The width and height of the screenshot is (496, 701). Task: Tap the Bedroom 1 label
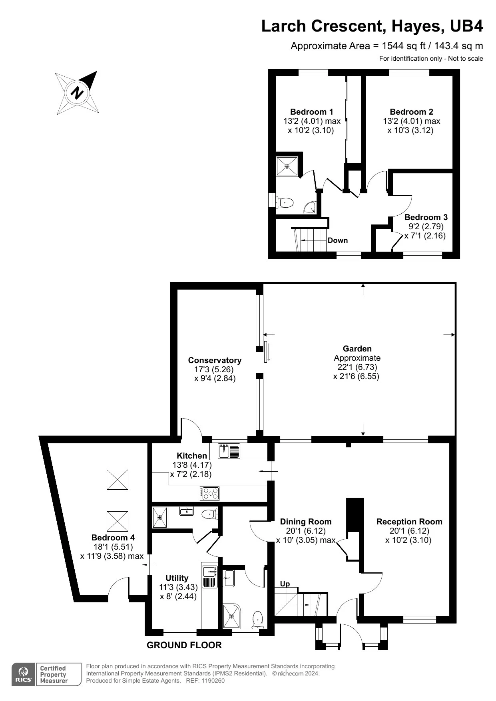tap(312, 112)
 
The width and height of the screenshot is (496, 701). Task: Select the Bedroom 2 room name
tap(411, 112)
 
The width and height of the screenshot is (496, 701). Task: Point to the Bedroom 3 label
tap(426, 217)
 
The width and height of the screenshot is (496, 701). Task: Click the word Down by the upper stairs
tap(338, 240)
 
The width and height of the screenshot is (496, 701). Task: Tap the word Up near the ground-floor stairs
tap(285, 584)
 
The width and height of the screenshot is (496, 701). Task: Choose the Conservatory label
tap(215, 360)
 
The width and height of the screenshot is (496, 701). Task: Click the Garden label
tap(357, 349)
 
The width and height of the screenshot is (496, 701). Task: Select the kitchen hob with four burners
tap(209, 494)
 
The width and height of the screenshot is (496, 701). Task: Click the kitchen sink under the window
tap(229, 451)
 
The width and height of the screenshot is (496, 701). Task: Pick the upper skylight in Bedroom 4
tap(118, 480)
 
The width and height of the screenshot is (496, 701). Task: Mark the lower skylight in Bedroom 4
tap(118, 521)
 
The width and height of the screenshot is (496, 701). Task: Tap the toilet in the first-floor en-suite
tap(285, 203)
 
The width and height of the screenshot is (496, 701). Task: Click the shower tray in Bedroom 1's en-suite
tap(287, 167)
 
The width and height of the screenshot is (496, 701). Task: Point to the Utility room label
tap(177, 578)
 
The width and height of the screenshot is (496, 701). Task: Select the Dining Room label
tap(306, 522)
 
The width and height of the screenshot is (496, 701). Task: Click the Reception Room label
tap(409, 522)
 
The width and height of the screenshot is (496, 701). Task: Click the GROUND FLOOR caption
tap(184, 645)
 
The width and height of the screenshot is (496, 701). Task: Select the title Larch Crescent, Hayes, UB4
tap(372, 26)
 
